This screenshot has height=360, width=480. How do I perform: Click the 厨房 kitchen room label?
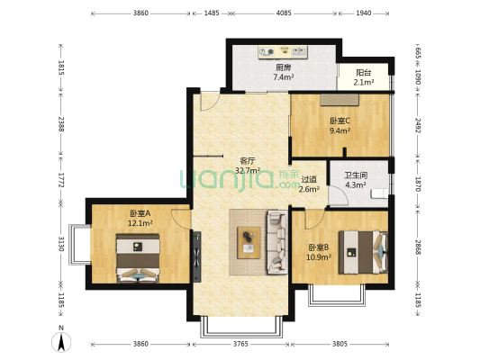283,67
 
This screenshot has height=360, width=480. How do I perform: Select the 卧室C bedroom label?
340,120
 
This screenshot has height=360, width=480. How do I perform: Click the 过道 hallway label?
310,178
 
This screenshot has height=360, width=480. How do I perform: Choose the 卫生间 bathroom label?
355,175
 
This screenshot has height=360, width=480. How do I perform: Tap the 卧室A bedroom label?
139,212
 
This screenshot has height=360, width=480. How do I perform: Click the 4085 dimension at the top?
284,13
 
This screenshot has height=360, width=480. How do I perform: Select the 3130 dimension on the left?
60,244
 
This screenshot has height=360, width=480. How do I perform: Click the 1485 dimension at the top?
213,13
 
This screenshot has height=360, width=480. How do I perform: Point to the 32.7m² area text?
248,170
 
